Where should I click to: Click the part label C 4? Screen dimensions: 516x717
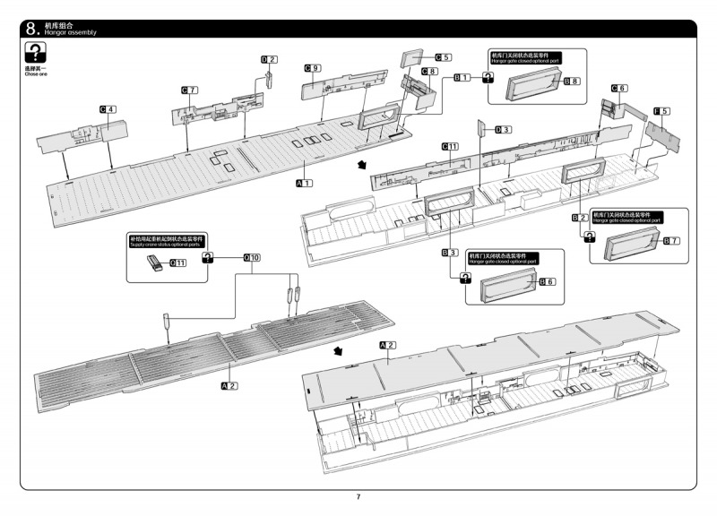pyautogui.click(x=108, y=109)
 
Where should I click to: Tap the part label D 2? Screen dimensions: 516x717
pyautogui.click(x=269, y=59)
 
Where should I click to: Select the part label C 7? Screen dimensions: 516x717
pyautogui.click(x=189, y=90)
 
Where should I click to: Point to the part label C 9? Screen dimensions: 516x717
pyautogui.click(x=312, y=68)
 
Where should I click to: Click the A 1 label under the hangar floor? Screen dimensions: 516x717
pyautogui.click(x=304, y=183)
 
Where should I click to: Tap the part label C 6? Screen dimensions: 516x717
pyautogui.click(x=618, y=88)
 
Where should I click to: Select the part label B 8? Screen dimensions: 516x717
pyautogui.click(x=572, y=82)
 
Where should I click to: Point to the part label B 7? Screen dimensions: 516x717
pyautogui.click(x=671, y=241)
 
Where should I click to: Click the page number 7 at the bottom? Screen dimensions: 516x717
pyautogui.click(x=358, y=497)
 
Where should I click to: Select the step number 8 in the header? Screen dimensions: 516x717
pyautogui.click(x=33, y=29)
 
